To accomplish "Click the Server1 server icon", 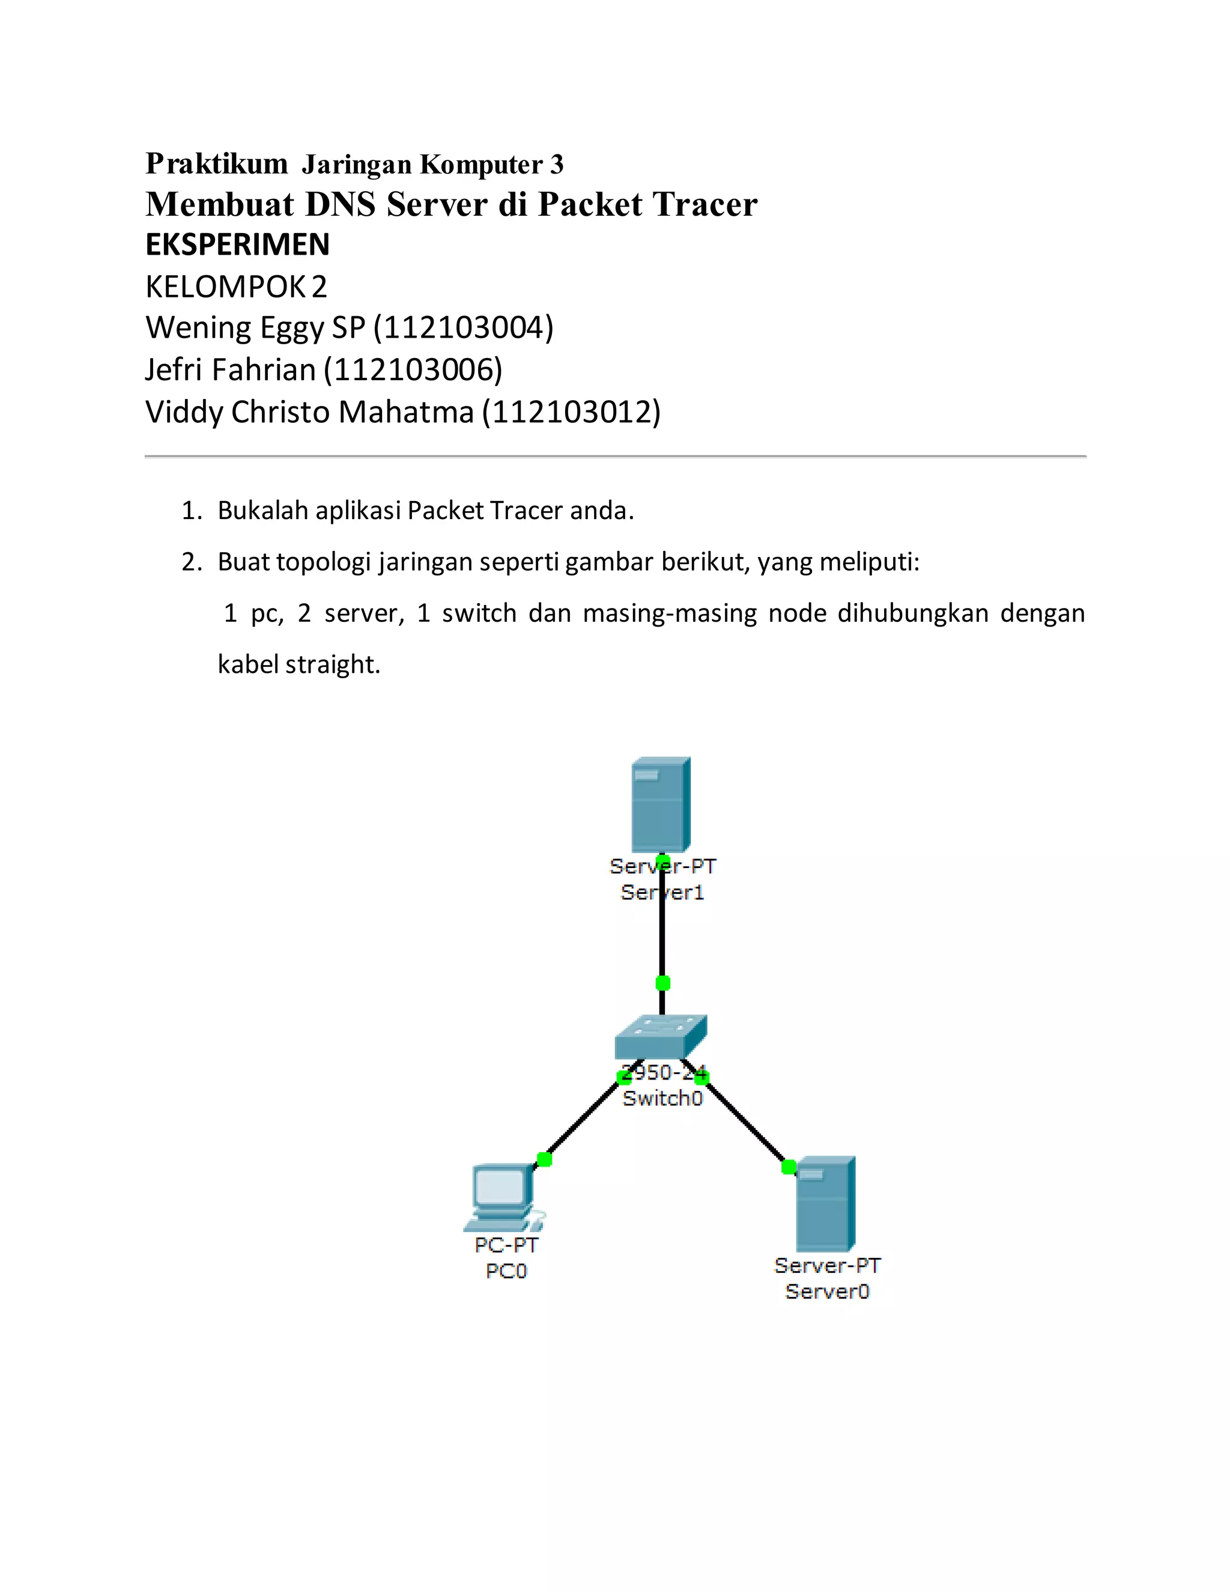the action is [x=660, y=804].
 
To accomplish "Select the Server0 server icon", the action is [x=825, y=1203].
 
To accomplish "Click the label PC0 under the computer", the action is [x=506, y=1271].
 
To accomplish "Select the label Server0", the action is [x=827, y=1292].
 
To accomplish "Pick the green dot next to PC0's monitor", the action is [x=544, y=1159].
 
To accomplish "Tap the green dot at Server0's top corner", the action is [x=789, y=1167].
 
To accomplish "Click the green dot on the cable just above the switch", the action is [x=662, y=983].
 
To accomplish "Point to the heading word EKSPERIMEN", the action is [x=238, y=245].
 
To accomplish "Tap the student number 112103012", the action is [x=571, y=412].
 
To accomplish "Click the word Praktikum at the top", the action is [x=216, y=163].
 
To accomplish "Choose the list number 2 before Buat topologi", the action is [x=191, y=562].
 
